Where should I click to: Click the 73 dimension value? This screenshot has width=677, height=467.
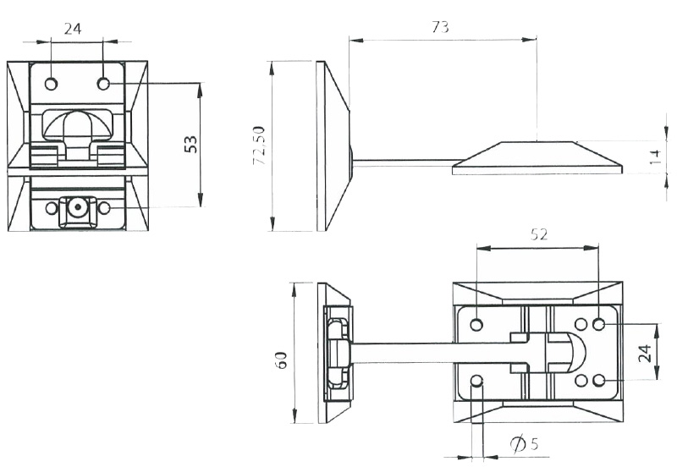coord(440,27)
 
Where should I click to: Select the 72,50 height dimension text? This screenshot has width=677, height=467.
coord(259,146)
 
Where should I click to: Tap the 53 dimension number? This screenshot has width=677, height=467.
coord(190,144)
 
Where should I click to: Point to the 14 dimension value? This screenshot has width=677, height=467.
coord(655,157)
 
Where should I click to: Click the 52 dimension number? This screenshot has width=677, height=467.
coord(539,234)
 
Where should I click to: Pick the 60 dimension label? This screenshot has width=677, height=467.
coord(281,360)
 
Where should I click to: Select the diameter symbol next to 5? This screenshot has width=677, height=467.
coord(518,444)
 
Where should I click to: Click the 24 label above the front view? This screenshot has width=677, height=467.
coord(73,29)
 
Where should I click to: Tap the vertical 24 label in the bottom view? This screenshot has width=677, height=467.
coord(644,354)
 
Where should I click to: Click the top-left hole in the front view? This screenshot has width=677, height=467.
coord(51,84)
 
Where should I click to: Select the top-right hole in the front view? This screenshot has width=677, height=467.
coord(103,84)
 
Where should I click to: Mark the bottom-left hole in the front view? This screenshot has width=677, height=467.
coord(52,208)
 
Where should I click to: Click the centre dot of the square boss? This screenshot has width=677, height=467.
coord(78,207)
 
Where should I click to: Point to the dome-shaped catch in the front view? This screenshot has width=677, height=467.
coord(78,125)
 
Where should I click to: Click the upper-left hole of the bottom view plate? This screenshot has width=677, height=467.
coord(476,324)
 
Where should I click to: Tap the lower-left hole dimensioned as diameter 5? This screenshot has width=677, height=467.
coord(476,381)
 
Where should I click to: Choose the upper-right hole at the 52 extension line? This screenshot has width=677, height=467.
coord(598,324)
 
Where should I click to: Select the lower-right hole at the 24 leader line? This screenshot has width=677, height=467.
coord(598,380)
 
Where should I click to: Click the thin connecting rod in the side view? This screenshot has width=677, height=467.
coord(405,162)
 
